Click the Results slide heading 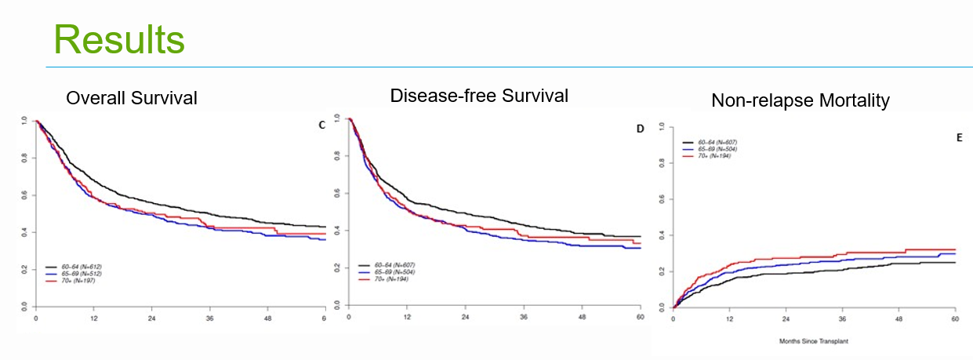(x=119, y=38)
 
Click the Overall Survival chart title (x=132, y=98)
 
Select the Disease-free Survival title (x=479, y=96)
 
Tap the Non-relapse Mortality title (x=800, y=100)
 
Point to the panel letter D (x=639, y=129)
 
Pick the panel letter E (x=959, y=137)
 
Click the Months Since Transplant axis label (x=814, y=341)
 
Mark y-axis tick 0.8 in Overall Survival (x=24, y=158)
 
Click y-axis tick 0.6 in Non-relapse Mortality (x=663, y=199)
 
